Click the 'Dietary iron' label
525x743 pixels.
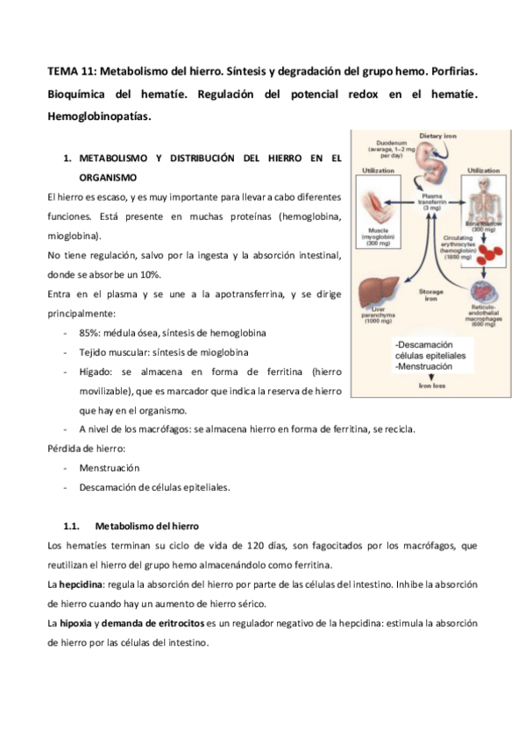(x=438, y=137)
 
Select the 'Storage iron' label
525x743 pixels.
(x=431, y=294)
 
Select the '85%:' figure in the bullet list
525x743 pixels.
(x=91, y=333)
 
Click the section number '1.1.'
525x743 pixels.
(x=73, y=526)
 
